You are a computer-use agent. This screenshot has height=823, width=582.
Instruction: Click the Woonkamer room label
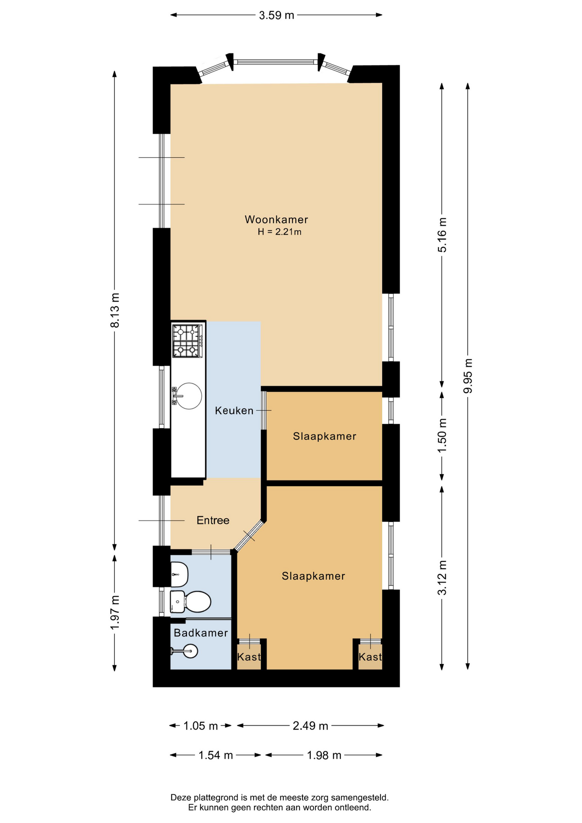pyautogui.click(x=276, y=219)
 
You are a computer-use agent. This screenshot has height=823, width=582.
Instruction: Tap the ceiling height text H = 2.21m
pyautogui.click(x=279, y=232)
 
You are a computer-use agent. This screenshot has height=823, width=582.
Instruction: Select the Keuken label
pyautogui.click(x=234, y=411)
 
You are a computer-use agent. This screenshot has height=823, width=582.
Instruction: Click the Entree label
pyautogui.click(x=213, y=520)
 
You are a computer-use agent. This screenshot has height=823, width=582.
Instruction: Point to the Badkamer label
pyautogui.click(x=201, y=633)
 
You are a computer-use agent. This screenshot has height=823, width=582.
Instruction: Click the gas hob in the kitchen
pyautogui.click(x=187, y=341)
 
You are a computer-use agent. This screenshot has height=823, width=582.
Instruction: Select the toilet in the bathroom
pyautogui.click(x=191, y=602)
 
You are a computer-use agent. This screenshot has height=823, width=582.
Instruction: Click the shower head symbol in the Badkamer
pyautogui.click(x=185, y=651)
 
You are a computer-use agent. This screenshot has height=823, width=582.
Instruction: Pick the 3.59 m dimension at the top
pyautogui.click(x=276, y=15)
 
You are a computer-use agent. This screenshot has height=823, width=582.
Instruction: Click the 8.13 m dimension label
pyautogui.click(x=115, y=310)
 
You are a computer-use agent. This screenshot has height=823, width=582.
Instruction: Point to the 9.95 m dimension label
pyautogui.click(x=468, y=375)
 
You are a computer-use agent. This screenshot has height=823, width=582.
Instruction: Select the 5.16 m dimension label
pyautogui.click(x=442, y=235)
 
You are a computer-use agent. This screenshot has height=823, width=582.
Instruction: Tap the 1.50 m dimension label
pyautogui.click(x=442, y=435)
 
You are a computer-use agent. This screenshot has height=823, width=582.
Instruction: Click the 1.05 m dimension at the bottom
pyautogui.click(x=201, y=726)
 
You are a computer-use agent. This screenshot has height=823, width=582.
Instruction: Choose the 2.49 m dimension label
pyautogui.click(x=310, y=726)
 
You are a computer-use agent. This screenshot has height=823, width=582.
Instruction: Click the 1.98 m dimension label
pyautogui.click(x=324, y=755)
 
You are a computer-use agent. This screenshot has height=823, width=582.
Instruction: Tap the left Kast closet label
pyautogui.click(x=249, y=657)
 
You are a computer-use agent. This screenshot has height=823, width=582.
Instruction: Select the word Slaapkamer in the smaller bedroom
pyautogui.click(x=324, y=436)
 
